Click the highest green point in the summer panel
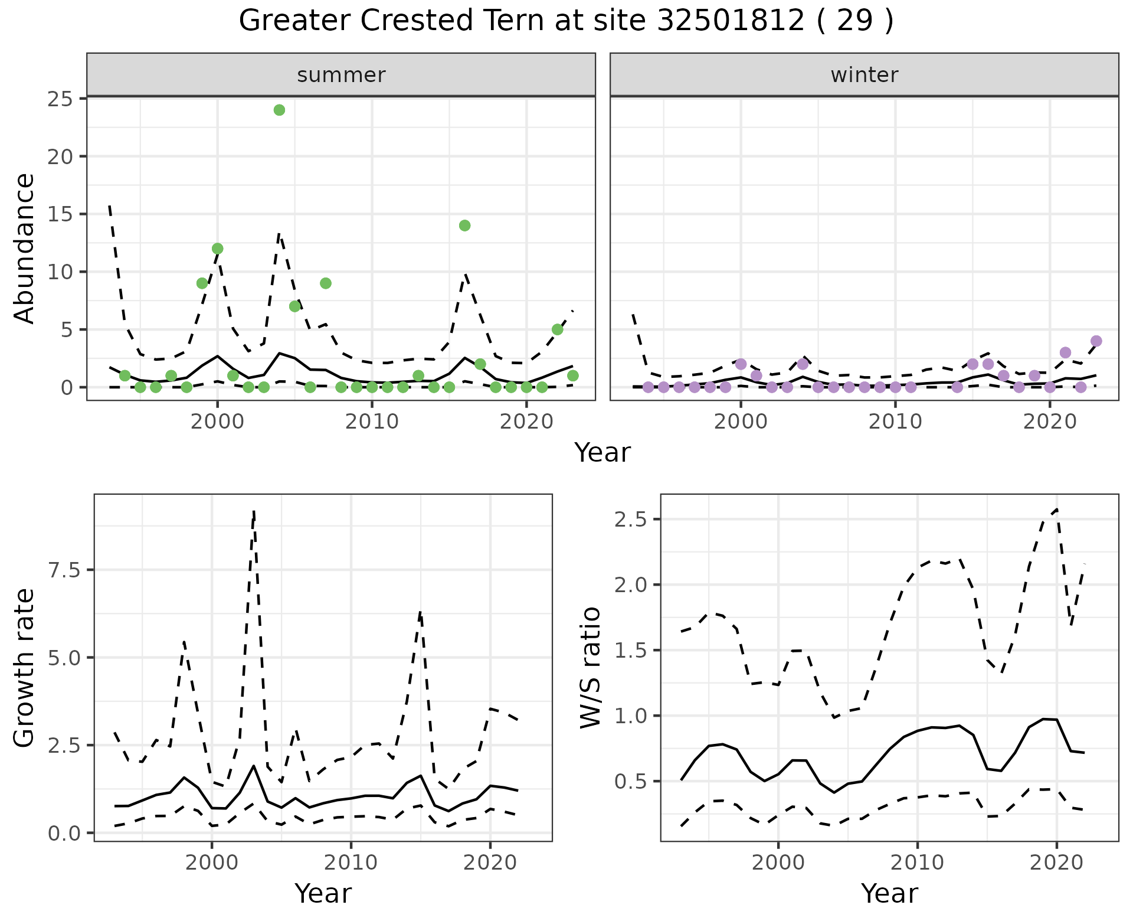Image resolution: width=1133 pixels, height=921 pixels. (x=280, y=110)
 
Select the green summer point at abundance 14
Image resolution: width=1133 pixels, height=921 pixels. (x=464, y=226)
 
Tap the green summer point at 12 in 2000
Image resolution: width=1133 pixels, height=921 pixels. (x=217, y=249)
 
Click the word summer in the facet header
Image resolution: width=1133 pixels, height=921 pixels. (x=341, y=76)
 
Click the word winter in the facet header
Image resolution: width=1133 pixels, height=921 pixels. (x=865, y=76)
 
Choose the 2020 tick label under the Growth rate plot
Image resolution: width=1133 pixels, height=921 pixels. (x=490, y=863)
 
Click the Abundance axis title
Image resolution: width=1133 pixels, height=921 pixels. (x=25, y=249)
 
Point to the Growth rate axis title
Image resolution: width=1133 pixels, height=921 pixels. (x=25, y=668)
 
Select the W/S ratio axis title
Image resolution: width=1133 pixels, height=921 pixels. (x=591, y=668)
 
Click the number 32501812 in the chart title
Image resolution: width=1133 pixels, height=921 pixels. (x=731, y=22)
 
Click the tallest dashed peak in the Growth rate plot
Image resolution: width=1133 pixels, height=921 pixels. (x=254, y=511)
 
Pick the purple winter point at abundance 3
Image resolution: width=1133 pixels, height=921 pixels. (x=1065, y=353)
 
